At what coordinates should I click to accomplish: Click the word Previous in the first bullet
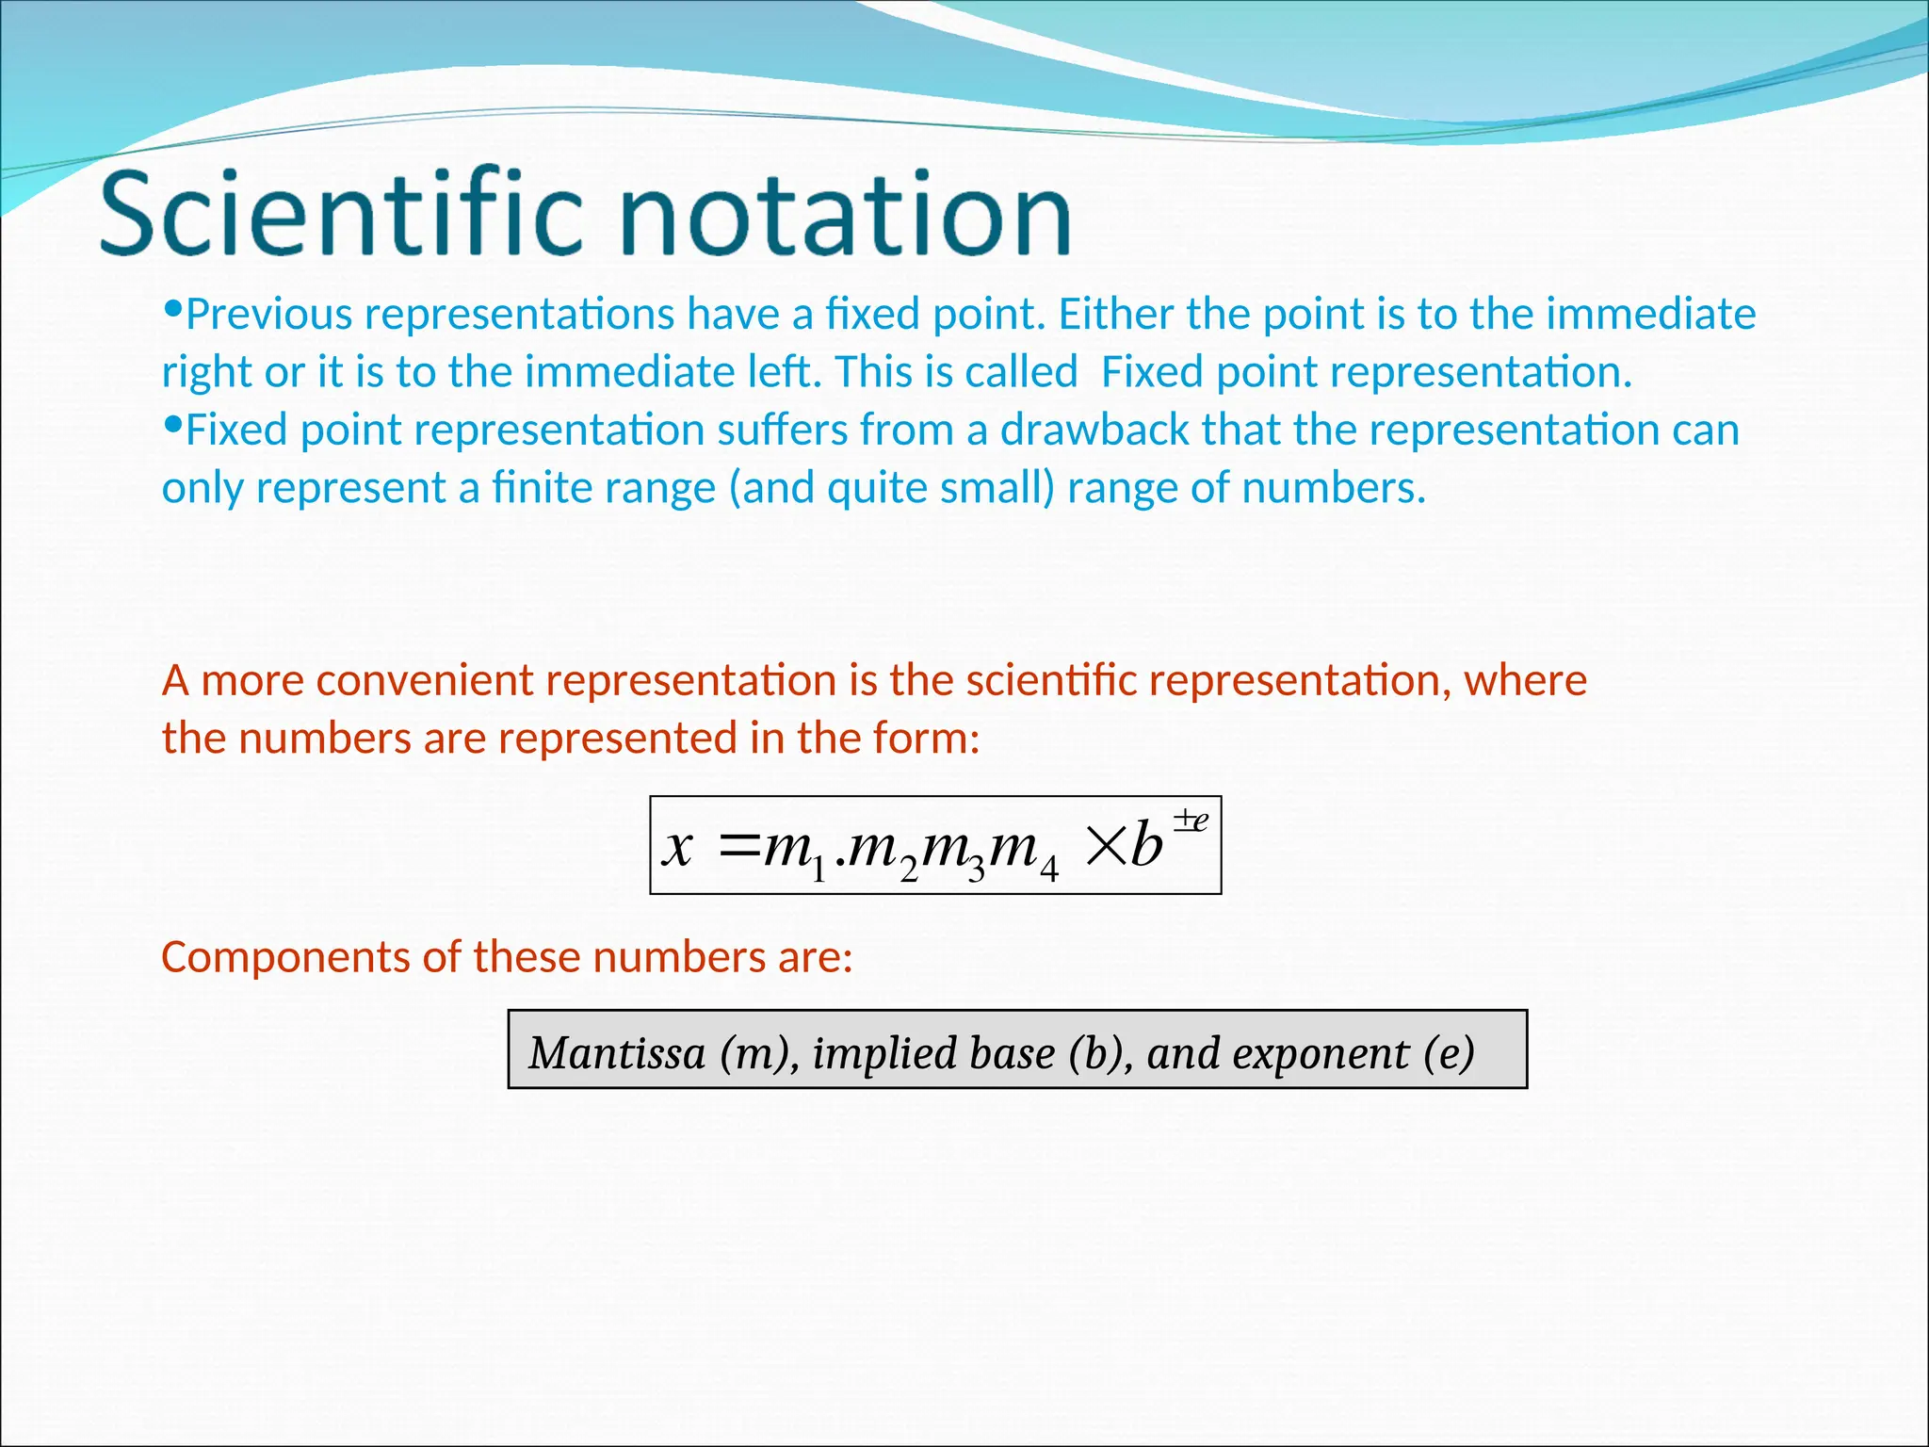(x=269, y=314)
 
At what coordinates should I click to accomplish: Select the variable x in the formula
(x=678, y=846)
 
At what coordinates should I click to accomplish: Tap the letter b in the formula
(x=1146, y=844)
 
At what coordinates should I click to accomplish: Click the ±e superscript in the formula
(x=1191, y=820)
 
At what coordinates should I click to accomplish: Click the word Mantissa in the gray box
(x=617, y=1052)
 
